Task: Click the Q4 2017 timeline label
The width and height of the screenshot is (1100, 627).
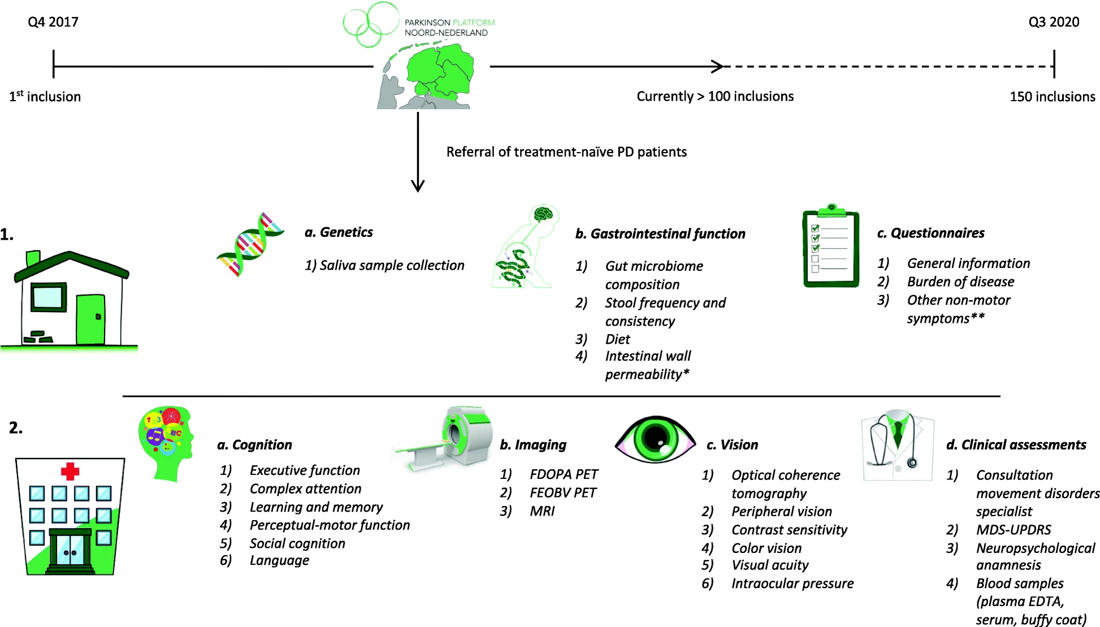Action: [53, 22]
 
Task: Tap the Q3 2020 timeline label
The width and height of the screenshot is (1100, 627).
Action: [1054, 22]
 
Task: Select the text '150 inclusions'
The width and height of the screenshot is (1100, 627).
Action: [1053, 97]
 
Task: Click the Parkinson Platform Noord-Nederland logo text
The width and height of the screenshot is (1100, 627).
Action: [449, 28]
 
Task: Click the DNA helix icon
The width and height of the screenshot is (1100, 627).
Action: [250, 244]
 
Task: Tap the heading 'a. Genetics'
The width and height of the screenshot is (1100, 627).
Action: [339, 232]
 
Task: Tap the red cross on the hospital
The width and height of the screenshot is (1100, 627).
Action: [70, 471]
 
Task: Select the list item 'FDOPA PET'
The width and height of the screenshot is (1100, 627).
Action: [564, 474]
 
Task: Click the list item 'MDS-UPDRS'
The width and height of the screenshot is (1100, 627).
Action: [1014, 530]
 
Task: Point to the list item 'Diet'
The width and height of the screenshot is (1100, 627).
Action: [617, 339]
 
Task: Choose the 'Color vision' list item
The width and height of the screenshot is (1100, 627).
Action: [766, 548]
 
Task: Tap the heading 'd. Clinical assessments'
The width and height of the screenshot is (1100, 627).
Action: [1016, 445]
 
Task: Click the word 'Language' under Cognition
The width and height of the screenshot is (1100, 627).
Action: [279, 560]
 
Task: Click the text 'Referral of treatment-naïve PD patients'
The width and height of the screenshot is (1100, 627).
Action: [566, 152]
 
